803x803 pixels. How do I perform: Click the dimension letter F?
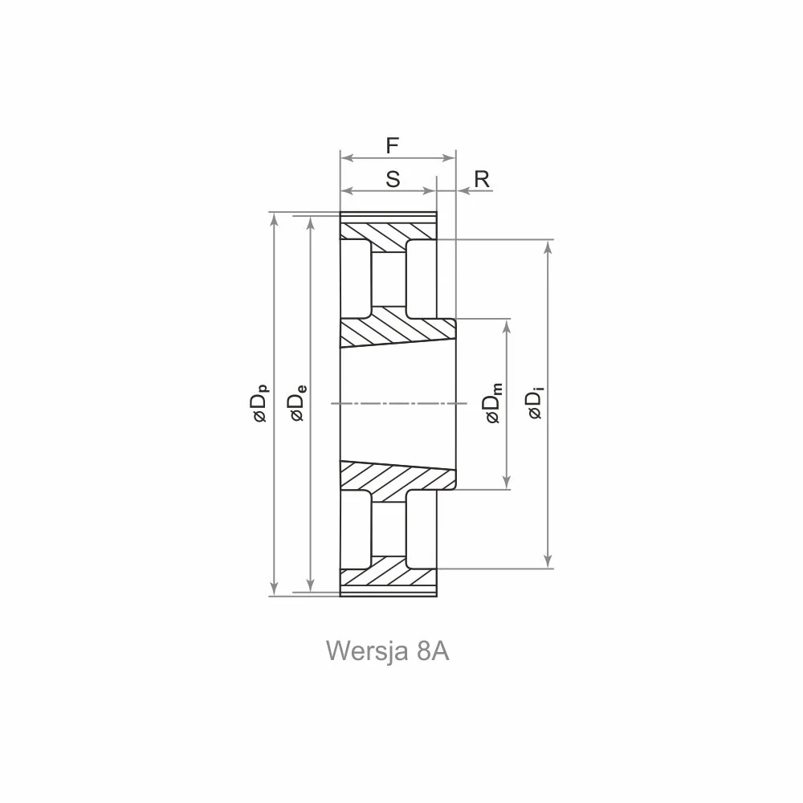(x=393, y=146)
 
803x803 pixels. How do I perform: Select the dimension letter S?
(x=393, y=180)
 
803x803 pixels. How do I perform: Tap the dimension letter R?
(x=482, y=179)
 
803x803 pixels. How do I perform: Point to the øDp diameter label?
(x=259, y=404)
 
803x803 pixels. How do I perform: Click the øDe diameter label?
(x=298, y=403)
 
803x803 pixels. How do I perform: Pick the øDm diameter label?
(x=493, y=404)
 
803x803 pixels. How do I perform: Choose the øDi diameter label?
(x=535, y=405)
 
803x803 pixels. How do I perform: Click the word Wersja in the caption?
(x=367, y=651)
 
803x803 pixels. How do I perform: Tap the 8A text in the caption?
(x=434, y=651)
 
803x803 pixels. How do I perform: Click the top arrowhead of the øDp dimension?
(x=274, y=218)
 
